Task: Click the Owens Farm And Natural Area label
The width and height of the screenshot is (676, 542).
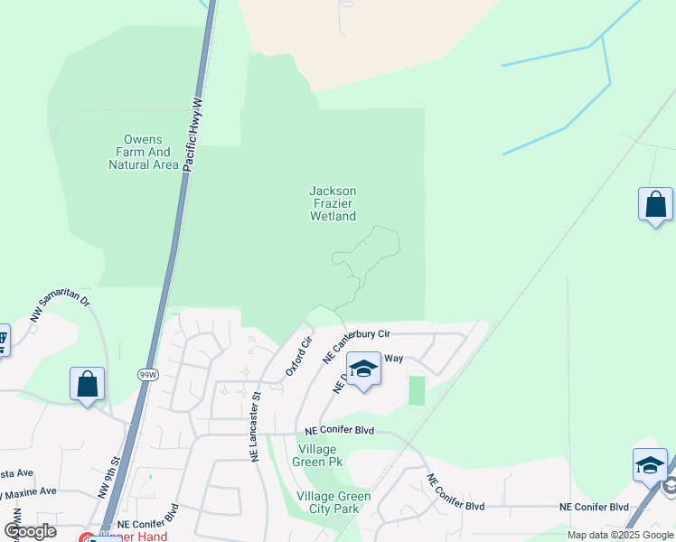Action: coord(143,152)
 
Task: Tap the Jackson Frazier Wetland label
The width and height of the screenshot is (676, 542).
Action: coord(333,203)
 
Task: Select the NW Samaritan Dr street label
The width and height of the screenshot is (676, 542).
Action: coord(60,311)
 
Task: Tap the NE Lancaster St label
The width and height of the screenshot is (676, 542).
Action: coord(256,425)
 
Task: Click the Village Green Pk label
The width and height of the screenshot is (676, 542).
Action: coord(317,456)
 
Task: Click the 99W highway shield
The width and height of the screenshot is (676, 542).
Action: coord(148,373)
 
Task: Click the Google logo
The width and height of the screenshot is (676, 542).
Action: coord(30,531)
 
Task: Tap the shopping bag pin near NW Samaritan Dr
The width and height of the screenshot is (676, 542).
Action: coord(88,384)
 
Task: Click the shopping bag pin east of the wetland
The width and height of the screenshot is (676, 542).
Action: coord(655,205)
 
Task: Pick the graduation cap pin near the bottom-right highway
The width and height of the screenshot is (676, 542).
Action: coord(650,465)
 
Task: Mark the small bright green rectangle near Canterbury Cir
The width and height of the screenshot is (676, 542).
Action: coord(416,391)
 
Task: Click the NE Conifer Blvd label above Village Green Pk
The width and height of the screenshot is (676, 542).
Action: coord(339,432)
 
